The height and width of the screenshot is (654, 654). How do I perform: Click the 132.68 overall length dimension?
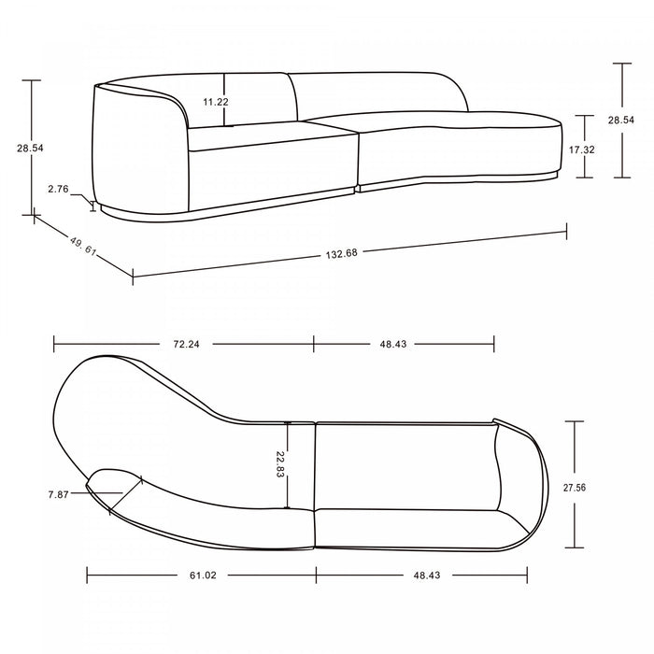coord(342,253)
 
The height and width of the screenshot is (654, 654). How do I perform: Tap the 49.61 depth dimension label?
coord(83,246)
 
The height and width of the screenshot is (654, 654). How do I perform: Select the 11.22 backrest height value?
coord(216,102)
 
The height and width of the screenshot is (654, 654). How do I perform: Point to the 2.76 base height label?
coord(58,189)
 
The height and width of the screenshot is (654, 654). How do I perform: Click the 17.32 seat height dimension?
coord(582,149)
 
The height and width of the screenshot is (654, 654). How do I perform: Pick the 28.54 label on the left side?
coord(30,148)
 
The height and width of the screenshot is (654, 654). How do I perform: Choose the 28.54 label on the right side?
coord(621,121)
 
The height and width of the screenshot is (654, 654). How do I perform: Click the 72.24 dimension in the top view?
coord(186,344)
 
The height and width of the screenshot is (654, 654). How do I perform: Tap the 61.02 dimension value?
coord(203,576)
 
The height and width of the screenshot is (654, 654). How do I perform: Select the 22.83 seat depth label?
coord(280,464)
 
